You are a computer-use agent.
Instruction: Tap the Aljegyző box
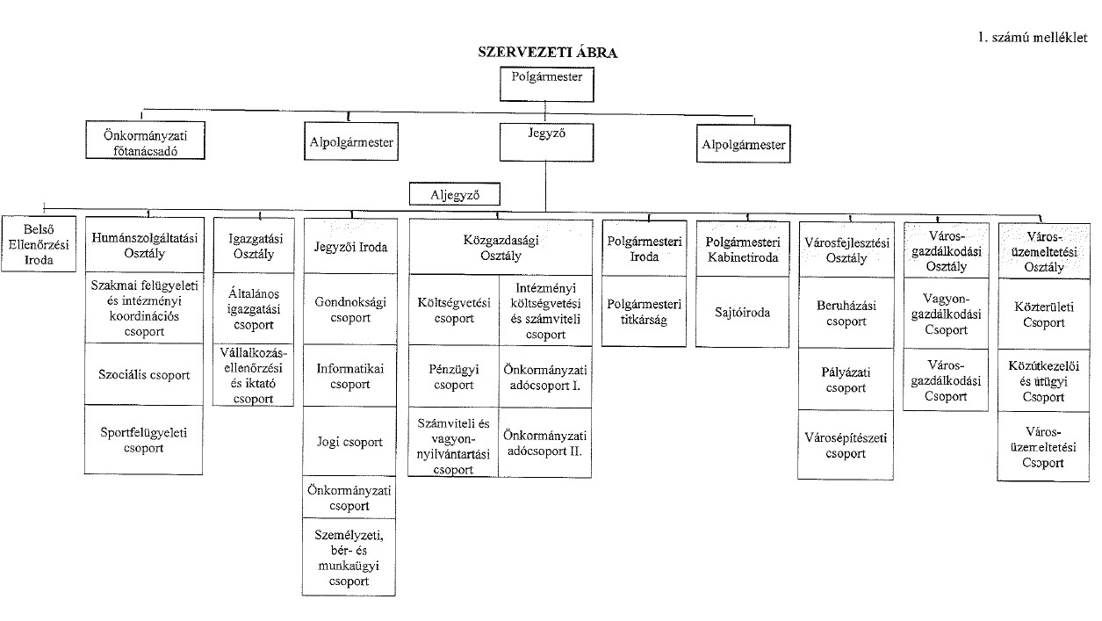453,193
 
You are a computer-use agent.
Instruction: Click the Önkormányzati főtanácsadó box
147,141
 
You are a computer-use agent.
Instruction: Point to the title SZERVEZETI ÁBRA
547,52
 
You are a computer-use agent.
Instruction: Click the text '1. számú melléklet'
1032,37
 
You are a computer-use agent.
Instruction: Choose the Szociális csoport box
145,374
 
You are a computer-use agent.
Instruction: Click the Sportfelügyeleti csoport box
145,441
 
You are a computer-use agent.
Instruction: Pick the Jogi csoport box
349,442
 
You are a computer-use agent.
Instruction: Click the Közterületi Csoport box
1042,314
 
